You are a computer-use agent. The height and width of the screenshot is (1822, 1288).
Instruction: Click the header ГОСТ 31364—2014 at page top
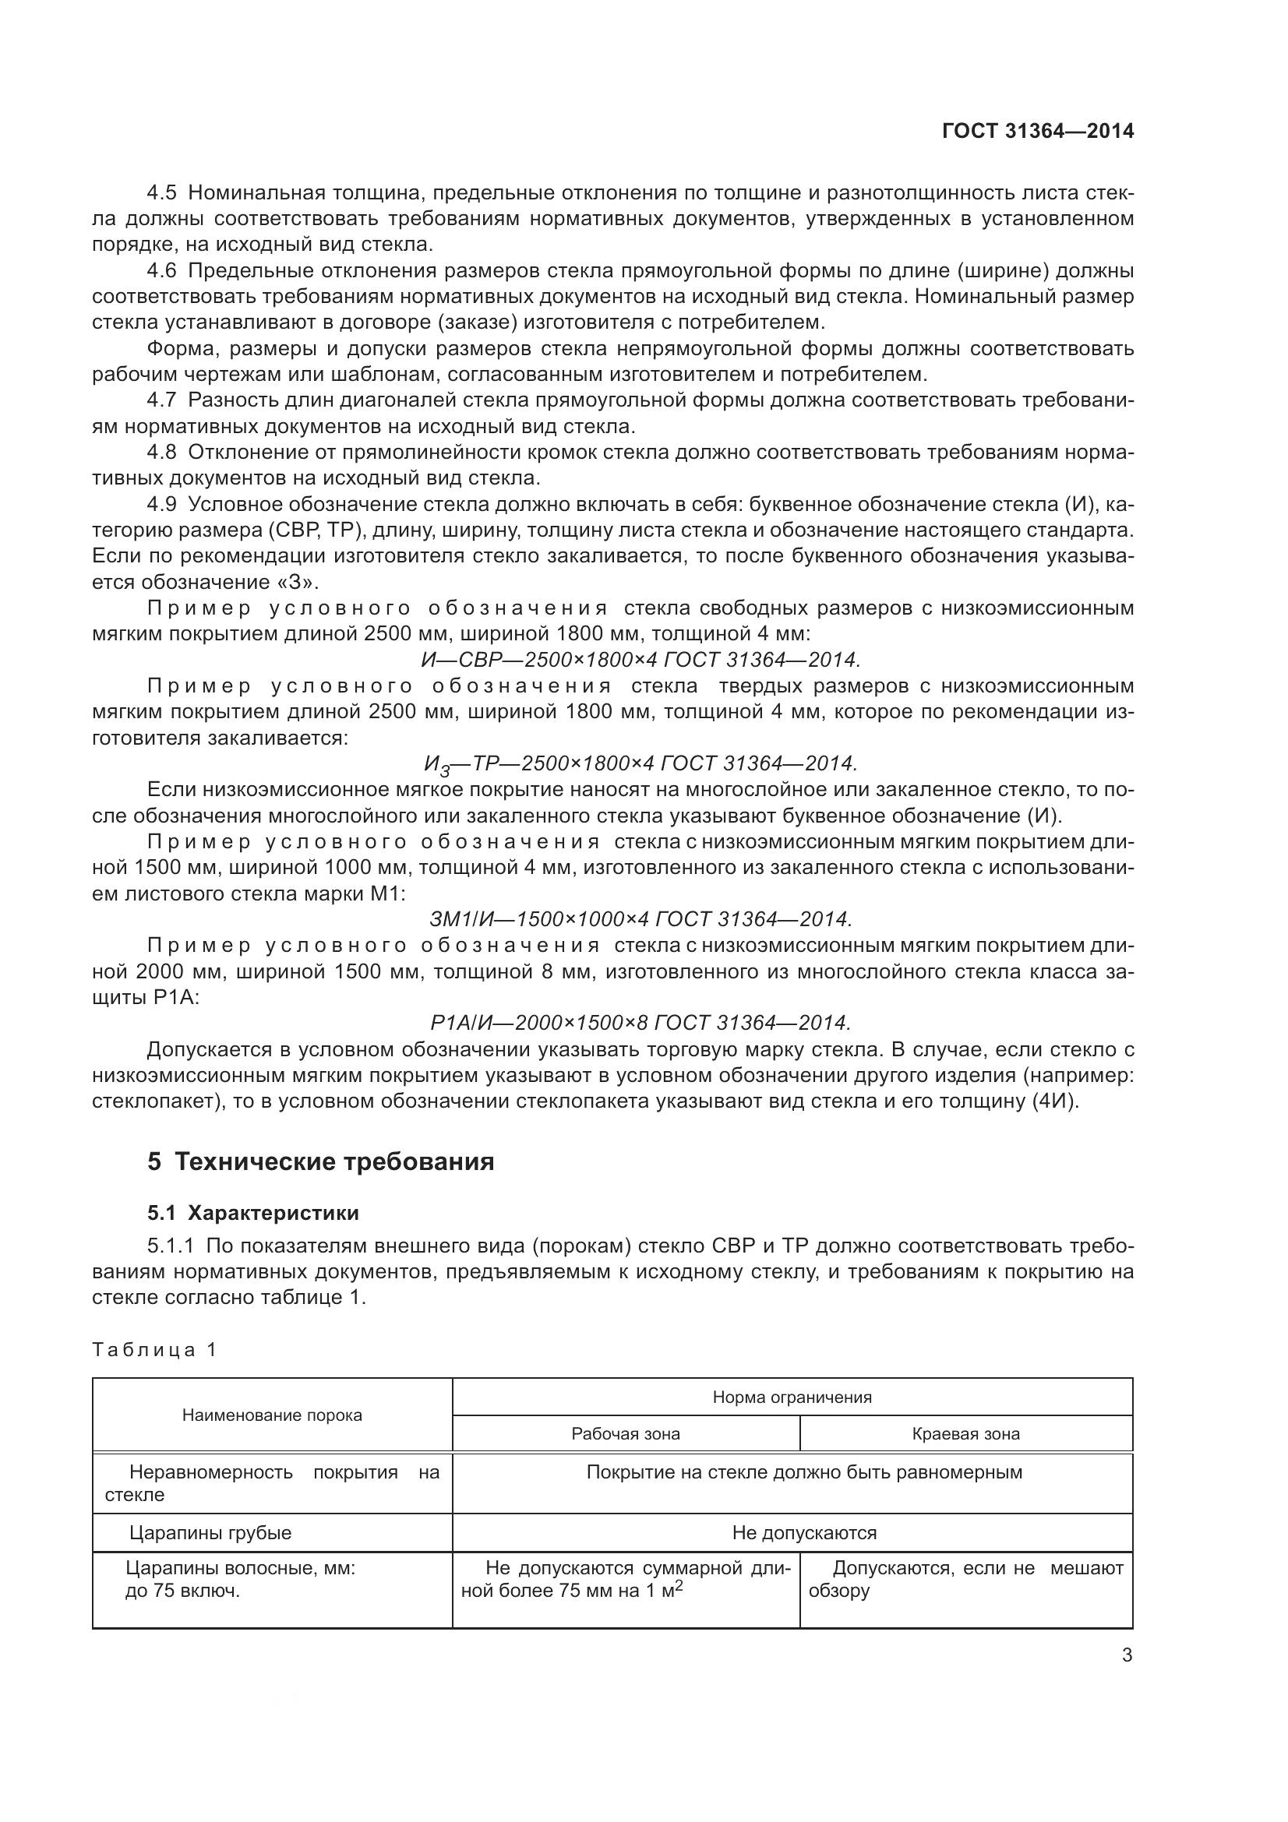tap(1037, 131)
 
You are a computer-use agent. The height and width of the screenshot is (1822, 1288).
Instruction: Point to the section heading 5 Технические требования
tap(320, 1161)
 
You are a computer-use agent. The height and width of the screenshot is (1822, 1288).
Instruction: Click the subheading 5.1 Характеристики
tap(252, 1213)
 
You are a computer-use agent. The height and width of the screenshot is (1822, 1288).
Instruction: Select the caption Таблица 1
tap(154, 1350)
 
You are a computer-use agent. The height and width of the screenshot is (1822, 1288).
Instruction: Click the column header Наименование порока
tap(272, 1415)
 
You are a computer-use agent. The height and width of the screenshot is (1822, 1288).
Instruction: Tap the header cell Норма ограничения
tap(792, 1397)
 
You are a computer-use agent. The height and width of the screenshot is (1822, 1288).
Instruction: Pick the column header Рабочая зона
tap(626, 1434)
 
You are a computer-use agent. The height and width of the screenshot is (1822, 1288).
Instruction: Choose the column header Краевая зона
tap(965, 1434)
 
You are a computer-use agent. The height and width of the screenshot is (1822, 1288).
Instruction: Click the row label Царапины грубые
tap(210, 1532)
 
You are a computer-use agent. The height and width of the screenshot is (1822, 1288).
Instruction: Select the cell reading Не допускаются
tap(804, 1532)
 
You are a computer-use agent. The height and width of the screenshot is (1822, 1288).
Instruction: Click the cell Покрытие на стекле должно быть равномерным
tap(804, 1472)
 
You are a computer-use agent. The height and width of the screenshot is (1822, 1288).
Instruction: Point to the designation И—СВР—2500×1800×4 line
tap(640, 660)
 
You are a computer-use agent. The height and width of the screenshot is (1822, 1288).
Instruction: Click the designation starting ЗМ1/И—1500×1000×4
tap(640, 919)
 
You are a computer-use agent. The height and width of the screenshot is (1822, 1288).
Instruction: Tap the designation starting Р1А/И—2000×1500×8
tap(640, 1022)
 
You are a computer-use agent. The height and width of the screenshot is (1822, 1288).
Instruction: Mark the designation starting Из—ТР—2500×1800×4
tap(640, 763)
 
